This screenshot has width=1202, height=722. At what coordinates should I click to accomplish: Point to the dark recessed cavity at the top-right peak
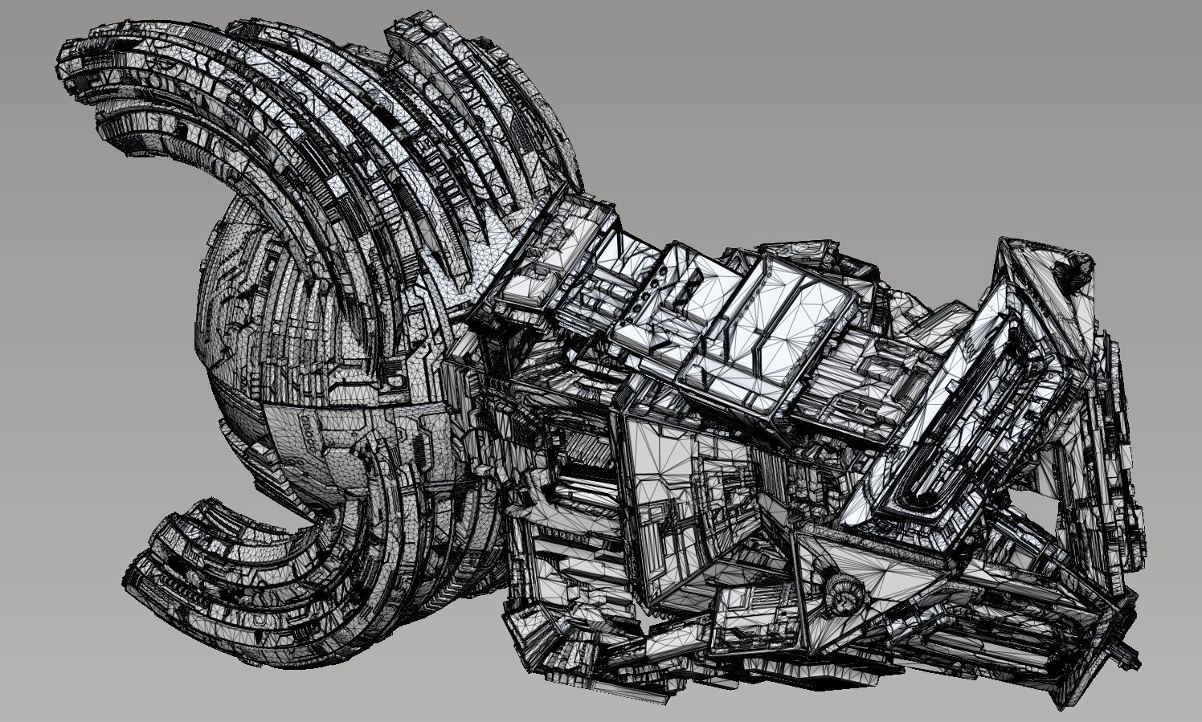click(1073, 264)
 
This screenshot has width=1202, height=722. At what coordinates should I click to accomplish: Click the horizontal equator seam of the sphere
click(321, 406)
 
